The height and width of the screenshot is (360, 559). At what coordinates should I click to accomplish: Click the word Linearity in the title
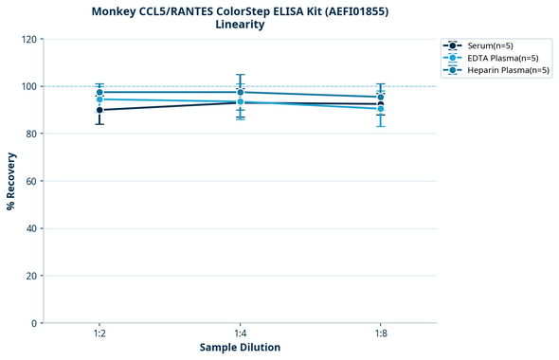(x=240, y=25)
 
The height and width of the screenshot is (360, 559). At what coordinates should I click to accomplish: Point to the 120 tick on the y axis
(x=28, y=39)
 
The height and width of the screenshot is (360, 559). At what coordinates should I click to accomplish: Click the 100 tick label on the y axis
(x=28, y=86)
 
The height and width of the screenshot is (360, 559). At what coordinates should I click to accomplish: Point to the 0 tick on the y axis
(x=34, y=323)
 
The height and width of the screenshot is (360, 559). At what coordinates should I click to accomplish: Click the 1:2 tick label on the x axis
(x=99, y=334)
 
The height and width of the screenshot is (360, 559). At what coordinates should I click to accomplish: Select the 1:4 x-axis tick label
(x=240, y=334)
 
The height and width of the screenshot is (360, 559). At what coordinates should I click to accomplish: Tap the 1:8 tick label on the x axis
(x=380, y=334)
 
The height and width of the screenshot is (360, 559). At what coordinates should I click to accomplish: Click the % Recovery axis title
(x=11, y=181)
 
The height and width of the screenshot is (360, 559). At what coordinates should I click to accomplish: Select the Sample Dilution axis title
(x=240, y=348)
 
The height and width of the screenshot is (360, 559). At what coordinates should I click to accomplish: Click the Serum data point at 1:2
(x=99, y=110)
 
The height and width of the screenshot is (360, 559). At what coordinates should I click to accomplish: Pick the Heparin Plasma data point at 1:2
(x=99, y=93)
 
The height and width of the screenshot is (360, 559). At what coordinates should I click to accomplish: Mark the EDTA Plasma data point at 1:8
(x=380, y=109)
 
